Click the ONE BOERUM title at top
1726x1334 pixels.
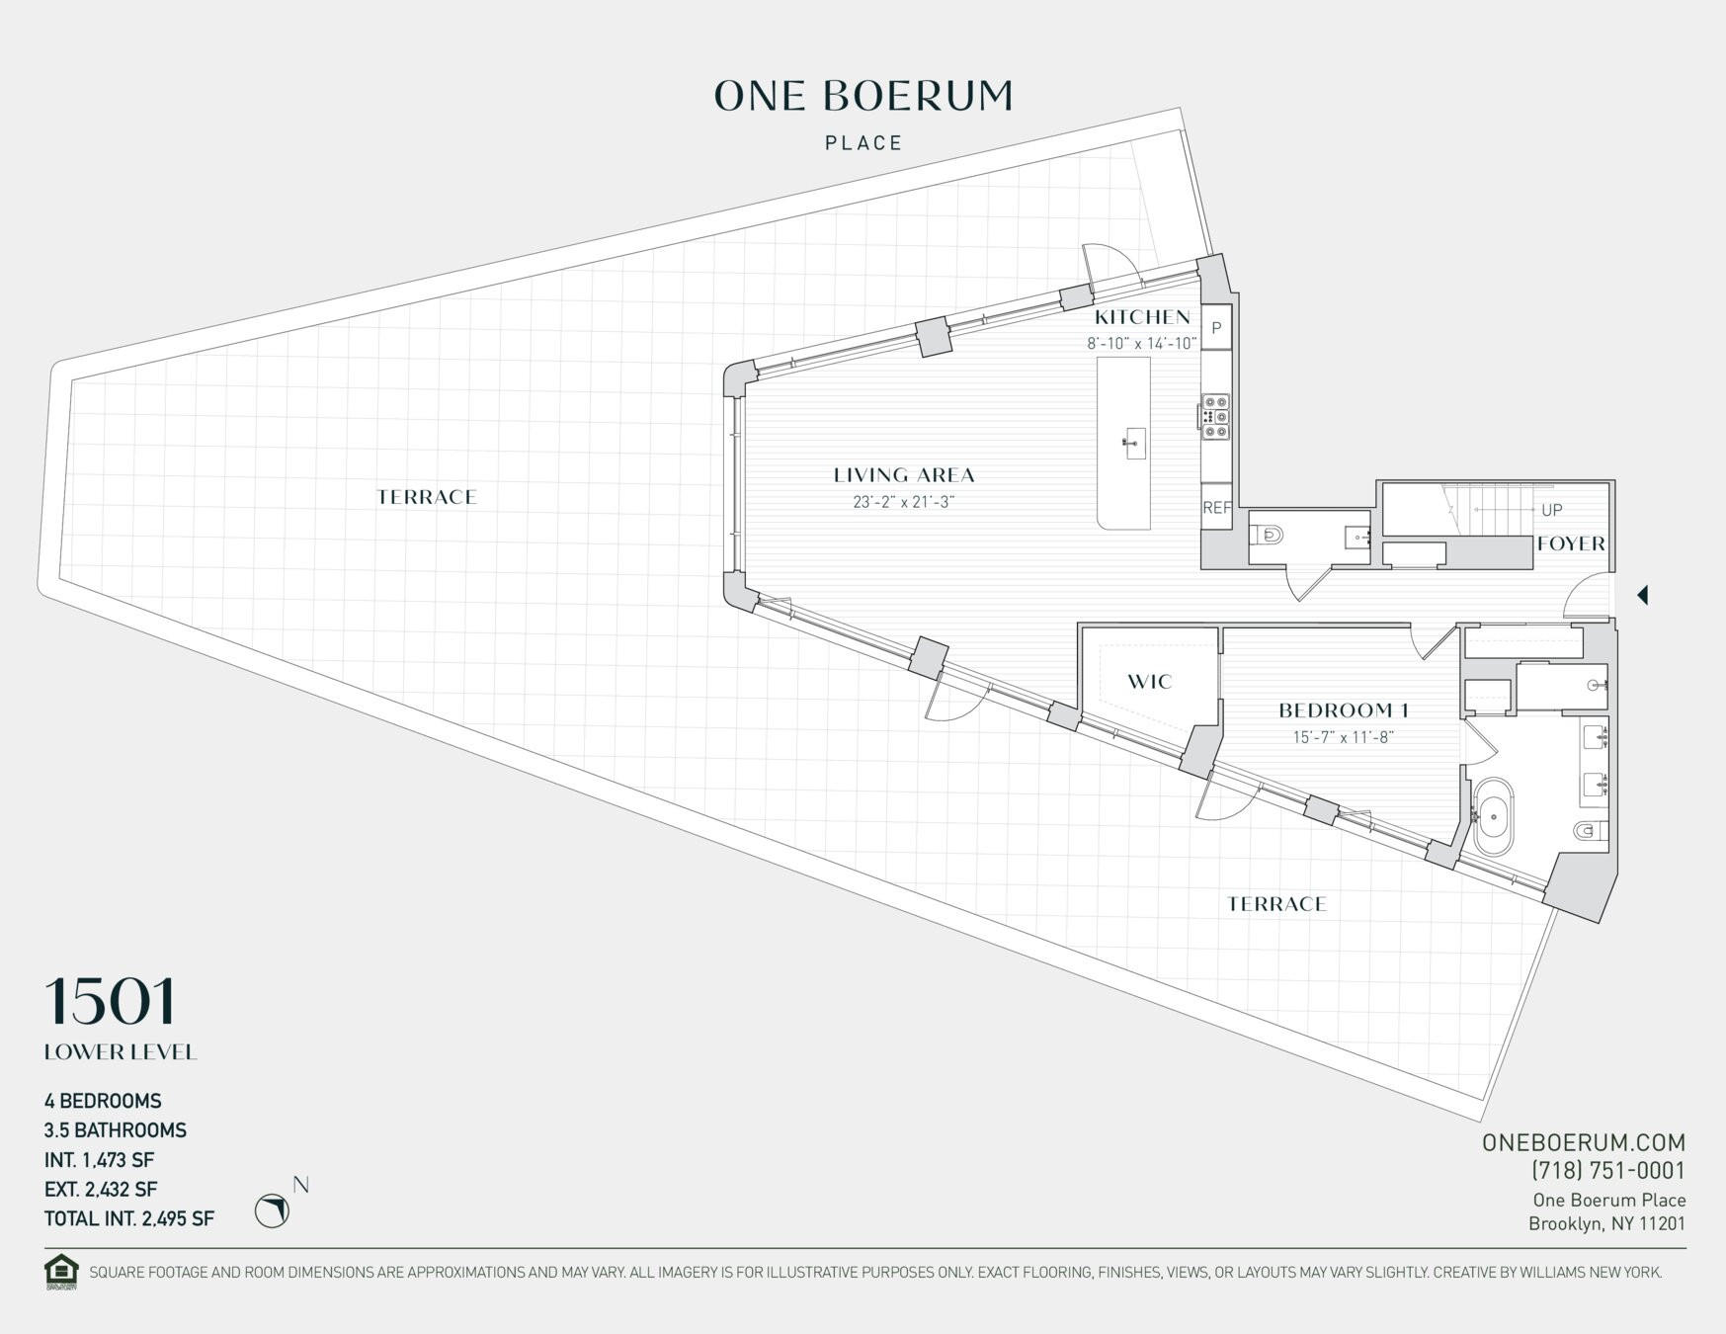tap(863, 96)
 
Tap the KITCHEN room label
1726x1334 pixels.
tap(1142, 317)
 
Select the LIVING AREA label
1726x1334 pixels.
tap(904, 475)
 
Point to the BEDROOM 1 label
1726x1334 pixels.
tap(1343, 710)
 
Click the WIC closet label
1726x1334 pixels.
tap(1149, 682)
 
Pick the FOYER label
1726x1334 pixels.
tap(1571, 543)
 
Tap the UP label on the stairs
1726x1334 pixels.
tap(1551, 510)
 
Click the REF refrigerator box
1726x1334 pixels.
tap(1216, 507)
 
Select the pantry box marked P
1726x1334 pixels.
tap(1216, 328)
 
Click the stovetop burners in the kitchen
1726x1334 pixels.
tap(1215, 417)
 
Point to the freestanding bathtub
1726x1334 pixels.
tap(1493, 817)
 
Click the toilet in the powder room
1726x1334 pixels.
tap(1269, 536)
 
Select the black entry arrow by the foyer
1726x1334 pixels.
tap(1642, 595)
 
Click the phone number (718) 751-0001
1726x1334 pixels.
tap(1607, 1171)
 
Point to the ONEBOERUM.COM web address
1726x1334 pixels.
tap(1583, 1142)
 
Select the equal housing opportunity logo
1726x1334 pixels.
tap(60, 1272)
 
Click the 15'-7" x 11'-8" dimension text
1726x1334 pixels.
tap(1343, 737)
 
